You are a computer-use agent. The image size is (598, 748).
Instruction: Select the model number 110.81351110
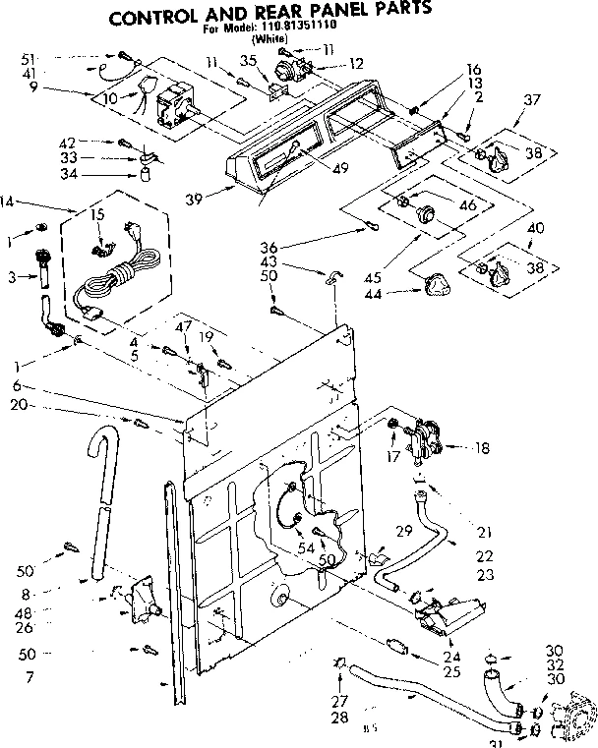click(x=284, y=30)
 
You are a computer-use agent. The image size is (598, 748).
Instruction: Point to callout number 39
click(x=195, y=199)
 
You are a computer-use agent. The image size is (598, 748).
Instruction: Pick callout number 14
click(x=9, y=201)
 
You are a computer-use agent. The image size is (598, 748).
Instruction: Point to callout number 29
click(x=403, y=531)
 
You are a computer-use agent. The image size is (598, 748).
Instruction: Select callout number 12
click(x=356, y=63)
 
